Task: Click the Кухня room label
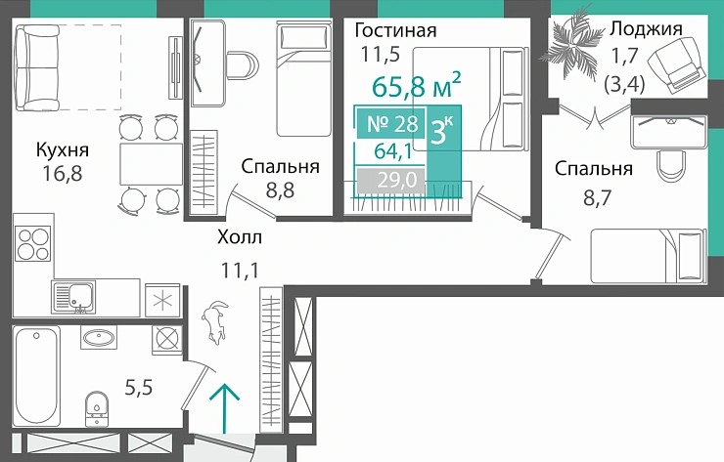click(63, 150)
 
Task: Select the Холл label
click(240, 236)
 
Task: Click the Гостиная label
click(395, 30)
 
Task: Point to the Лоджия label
click(645, 28)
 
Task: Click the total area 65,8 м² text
click(417, 87)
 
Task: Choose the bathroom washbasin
click(101, 339)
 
